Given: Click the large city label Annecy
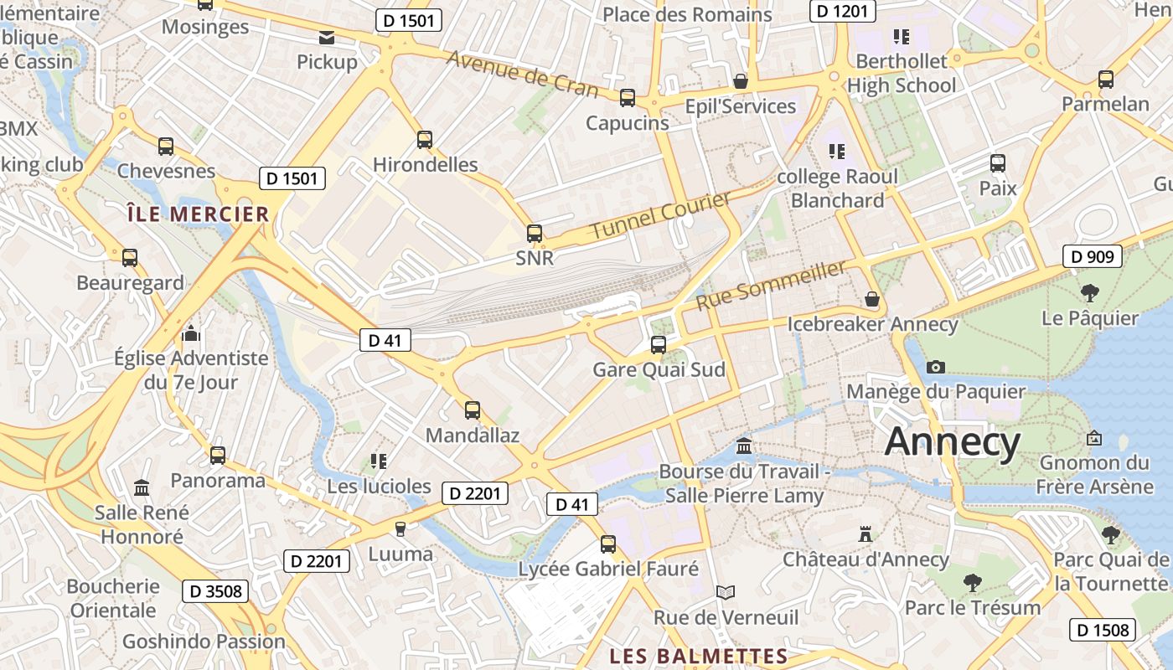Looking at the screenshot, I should coord(953,441).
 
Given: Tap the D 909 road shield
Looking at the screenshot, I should coord(1093,256).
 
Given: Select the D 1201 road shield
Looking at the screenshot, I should coord(843,11).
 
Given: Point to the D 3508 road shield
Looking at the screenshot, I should coord(215,591).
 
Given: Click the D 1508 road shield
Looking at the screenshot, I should coord(1103,630).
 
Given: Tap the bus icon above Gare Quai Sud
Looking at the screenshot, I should coord(659,344).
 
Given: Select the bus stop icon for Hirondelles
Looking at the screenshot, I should coord(425,140).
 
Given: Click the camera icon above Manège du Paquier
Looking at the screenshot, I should coord(936,367).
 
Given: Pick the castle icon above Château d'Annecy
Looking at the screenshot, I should coord(866,534).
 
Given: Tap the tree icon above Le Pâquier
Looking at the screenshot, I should coord(1090,293).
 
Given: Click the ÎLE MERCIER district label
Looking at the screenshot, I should coord(198,214).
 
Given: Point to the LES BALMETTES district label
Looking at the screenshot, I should coord(698,656).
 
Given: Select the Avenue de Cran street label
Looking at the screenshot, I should coord(522,74).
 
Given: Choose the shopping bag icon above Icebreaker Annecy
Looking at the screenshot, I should coord(872,299).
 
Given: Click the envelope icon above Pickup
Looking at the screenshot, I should coord(326,38).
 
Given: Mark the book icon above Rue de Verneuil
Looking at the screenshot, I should coord(726,593).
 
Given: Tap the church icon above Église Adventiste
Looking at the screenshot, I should coord(192,334).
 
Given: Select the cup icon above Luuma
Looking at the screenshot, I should coord(400,528).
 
